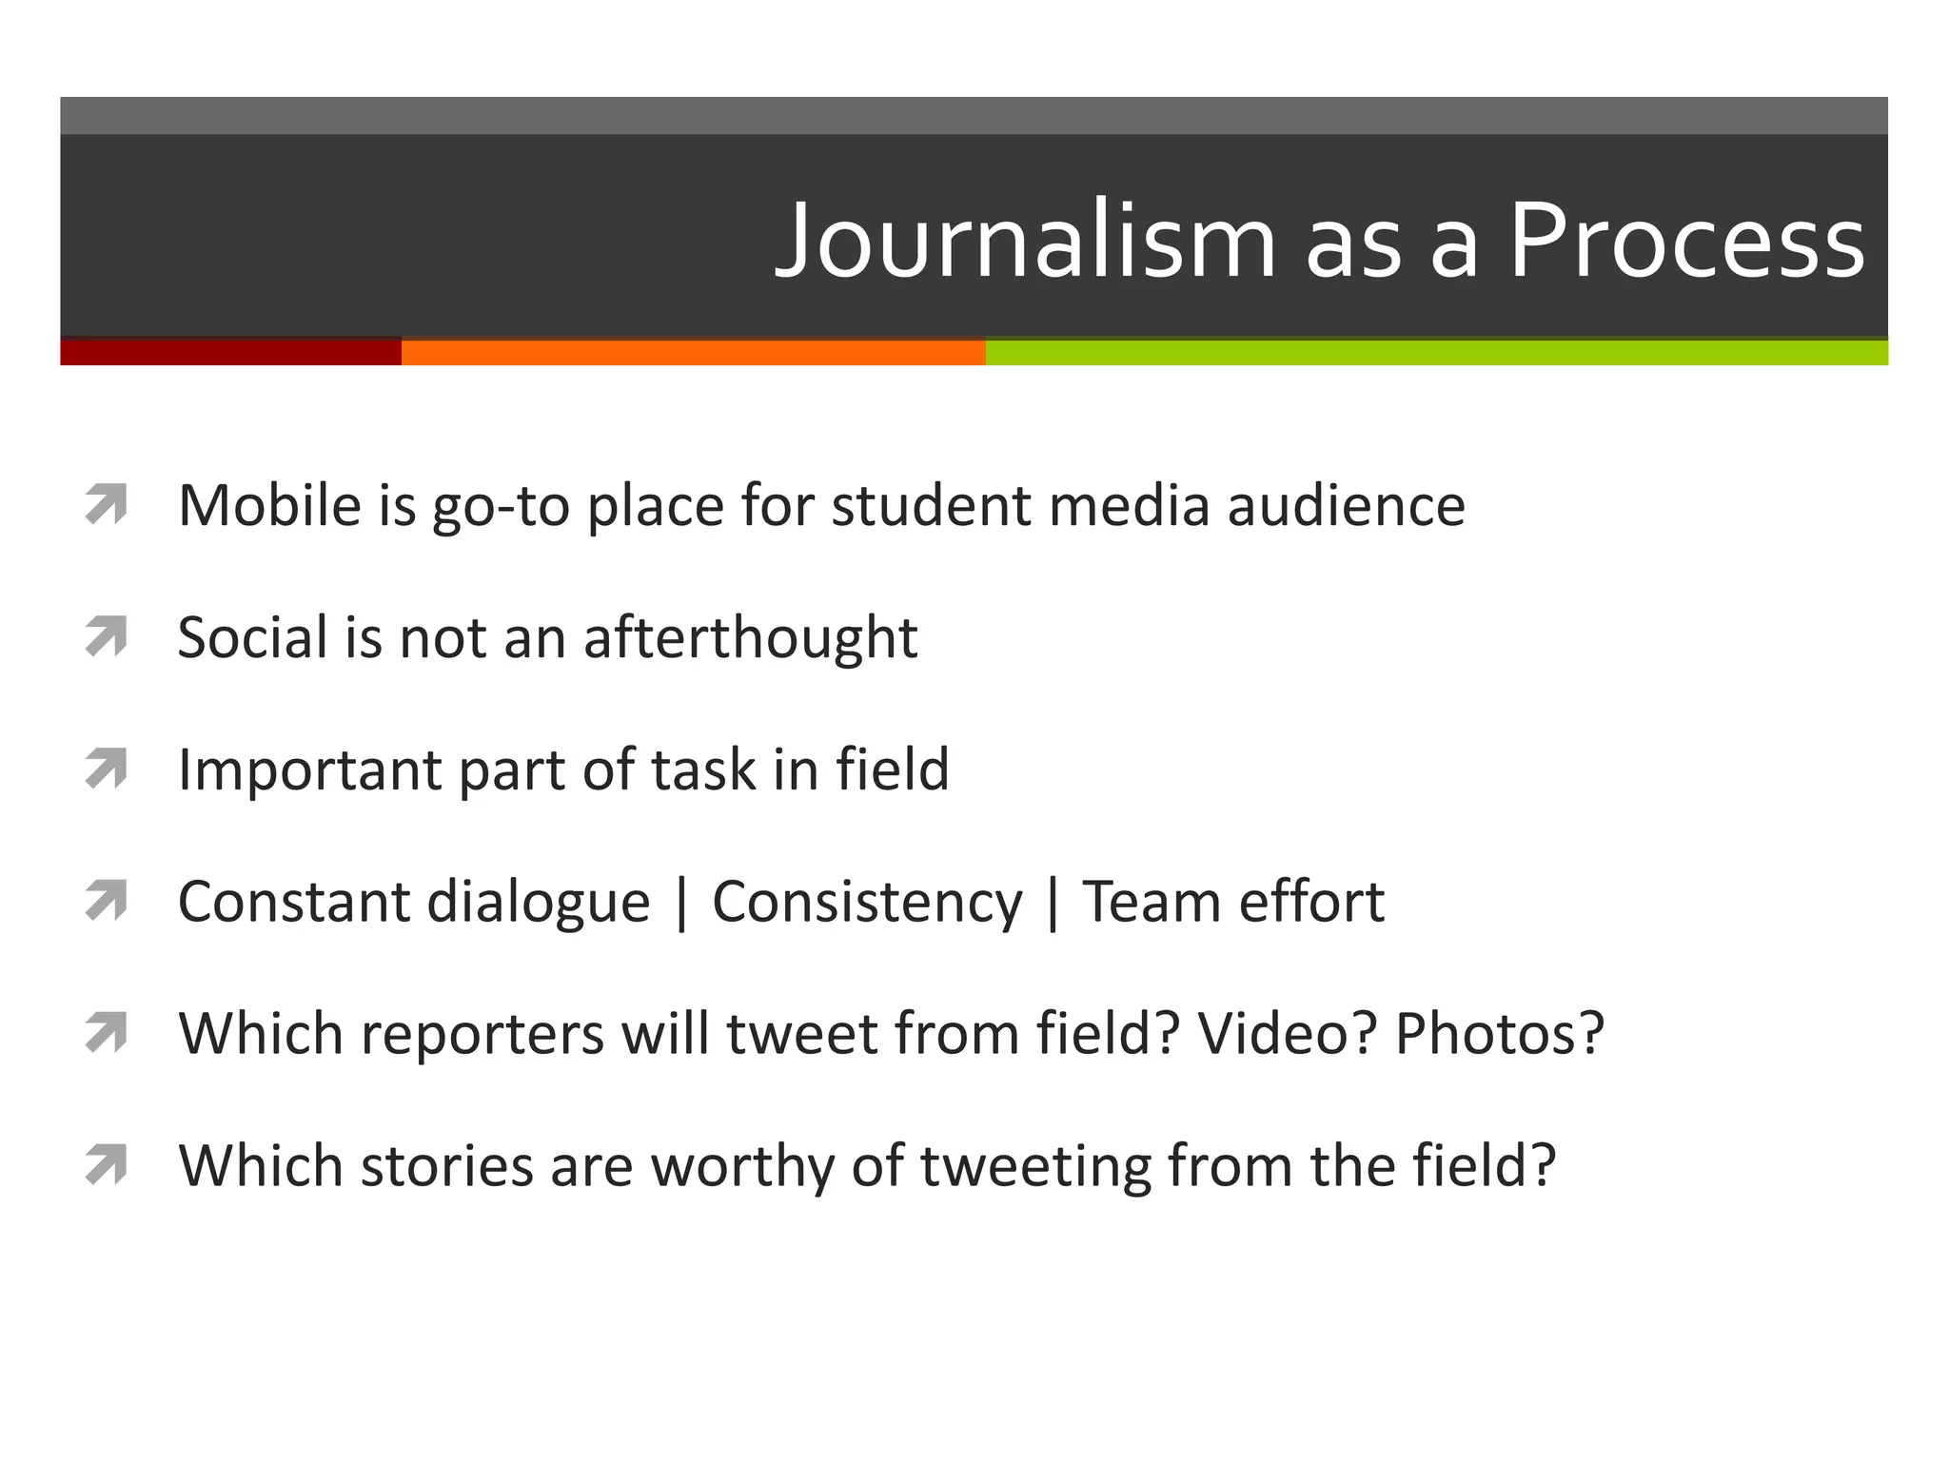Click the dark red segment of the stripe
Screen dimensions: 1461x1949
230,352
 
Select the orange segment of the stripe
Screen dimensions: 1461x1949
693,352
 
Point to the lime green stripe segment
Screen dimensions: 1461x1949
1436,352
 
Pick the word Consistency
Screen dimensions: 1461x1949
867,902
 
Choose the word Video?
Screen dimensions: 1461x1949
1288,1033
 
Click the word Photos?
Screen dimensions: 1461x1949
1500,1033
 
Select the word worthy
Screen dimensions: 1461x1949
742,1166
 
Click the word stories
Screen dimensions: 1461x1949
447,1165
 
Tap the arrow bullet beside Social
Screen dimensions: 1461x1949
106,636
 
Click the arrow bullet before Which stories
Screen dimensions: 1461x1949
106,1165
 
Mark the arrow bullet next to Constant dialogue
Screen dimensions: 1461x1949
106,901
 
